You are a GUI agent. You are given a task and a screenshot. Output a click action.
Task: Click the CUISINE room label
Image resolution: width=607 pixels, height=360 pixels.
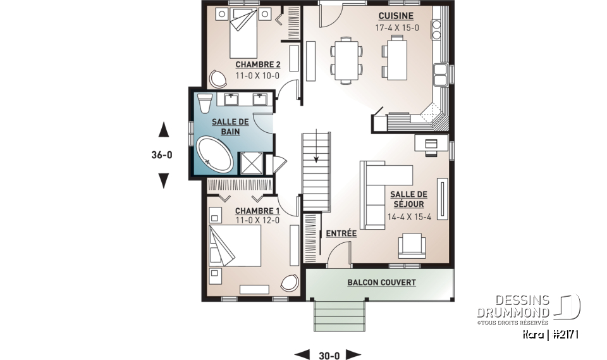coord(396,16)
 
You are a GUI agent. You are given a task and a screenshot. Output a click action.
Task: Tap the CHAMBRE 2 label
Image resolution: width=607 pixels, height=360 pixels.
coord(258,65)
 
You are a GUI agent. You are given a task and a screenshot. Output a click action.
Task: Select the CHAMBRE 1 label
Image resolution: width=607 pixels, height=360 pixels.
coord(257,211)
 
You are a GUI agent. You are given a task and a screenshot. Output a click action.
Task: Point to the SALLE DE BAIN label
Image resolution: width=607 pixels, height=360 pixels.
coord(230,127)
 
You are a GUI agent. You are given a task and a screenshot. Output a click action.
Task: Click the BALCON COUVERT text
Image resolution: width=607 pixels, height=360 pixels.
coord(381,283)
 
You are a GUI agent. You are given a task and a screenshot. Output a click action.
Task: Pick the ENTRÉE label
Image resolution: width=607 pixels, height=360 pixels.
coord(341,233)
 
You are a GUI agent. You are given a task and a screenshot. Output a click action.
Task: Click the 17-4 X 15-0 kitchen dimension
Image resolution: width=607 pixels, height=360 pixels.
coord(397,28)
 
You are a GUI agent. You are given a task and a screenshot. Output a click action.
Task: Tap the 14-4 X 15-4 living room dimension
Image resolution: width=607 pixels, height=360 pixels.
coord(409,217)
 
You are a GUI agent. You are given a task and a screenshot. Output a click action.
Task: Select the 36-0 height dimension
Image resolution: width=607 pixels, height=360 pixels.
coord(162,155)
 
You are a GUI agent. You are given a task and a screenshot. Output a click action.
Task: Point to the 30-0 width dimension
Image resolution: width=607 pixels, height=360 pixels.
coord(329,356)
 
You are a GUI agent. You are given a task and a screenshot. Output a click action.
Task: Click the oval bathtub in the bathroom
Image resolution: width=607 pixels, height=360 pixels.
coord(215,154)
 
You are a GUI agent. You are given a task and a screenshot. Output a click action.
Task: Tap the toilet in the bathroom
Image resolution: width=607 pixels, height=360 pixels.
coord(204,102)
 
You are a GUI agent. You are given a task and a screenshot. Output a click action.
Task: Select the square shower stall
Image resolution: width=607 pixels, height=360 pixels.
coord(252,163)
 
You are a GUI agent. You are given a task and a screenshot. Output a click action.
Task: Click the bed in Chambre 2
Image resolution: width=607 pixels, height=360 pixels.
coord(243,32)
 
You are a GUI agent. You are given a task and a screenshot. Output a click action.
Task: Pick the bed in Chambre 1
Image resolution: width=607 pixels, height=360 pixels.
coord(235,245)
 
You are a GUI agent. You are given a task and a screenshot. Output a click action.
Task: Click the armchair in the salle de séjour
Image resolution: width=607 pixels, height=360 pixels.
coord(412,245)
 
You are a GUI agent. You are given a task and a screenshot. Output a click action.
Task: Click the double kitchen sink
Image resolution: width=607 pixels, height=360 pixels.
coord(440,75)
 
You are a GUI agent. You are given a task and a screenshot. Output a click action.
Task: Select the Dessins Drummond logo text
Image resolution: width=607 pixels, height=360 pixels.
coord(513,306)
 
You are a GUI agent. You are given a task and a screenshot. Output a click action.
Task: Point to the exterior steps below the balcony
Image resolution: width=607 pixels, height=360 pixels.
coord(340,316)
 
